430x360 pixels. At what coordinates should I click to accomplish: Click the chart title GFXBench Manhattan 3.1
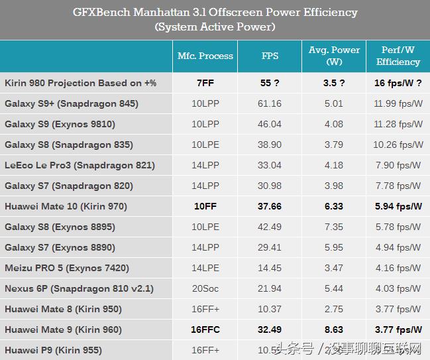tap(214, 13)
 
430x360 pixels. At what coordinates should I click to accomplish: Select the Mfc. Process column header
tap(205, 56)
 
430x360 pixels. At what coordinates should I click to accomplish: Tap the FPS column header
tap(270, 56)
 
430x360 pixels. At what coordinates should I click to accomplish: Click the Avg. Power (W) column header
tap(334, 56)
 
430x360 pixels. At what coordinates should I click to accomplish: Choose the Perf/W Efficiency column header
tap(398, 56)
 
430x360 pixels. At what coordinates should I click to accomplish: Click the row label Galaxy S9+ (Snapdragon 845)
tap(72, 103)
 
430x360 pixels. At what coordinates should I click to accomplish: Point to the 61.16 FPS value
tap(270, 103)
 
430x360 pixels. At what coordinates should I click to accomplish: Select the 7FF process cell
tap(205, 83)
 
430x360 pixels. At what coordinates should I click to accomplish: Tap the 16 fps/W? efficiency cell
tap(398, 83)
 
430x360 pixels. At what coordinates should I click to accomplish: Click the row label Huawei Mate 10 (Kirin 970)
tap(66, 206)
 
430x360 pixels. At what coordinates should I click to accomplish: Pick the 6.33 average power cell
tap(334, 206)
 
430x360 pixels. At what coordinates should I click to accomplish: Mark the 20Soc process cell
tap(205, 288)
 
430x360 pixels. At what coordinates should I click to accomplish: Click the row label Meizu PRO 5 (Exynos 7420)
tap(67, 268)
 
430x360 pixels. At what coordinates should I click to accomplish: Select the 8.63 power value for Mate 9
tap(334, 330)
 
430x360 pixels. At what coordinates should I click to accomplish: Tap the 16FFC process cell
tap(205, 330)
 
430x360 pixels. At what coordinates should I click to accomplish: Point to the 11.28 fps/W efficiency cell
tap(398, 124)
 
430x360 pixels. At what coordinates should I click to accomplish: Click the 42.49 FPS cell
tap(270, 227)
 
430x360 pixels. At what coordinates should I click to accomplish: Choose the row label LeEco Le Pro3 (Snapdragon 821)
tap(80, 165)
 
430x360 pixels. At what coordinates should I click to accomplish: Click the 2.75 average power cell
tap(334, 309)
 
